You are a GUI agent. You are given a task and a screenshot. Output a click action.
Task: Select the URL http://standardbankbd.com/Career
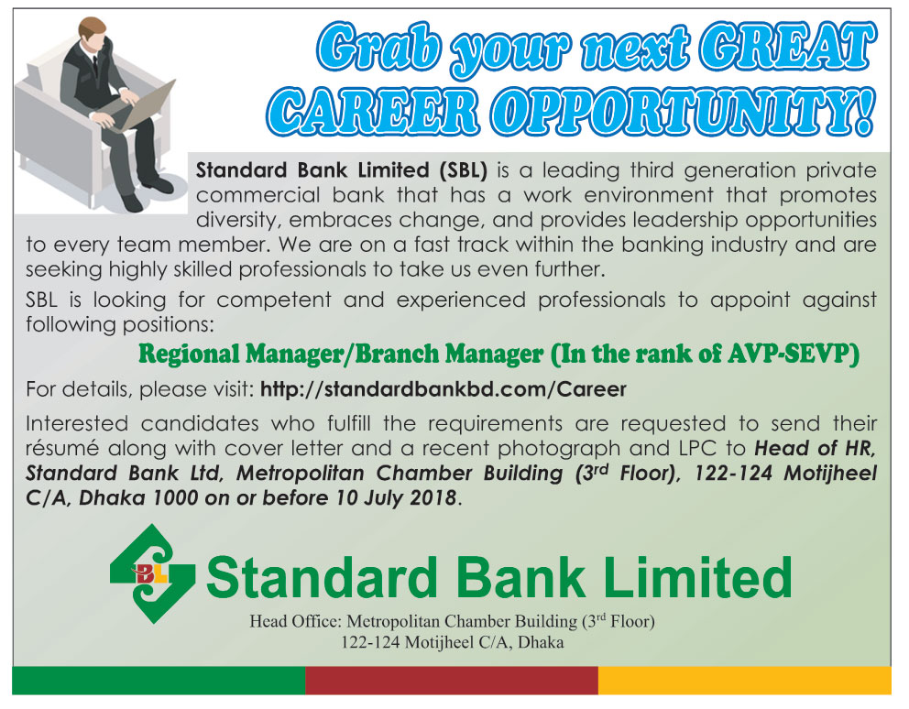pos(444,389)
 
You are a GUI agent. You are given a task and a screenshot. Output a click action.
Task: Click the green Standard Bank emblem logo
pos(152,573)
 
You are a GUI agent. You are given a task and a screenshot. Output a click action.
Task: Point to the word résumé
pos(58,450)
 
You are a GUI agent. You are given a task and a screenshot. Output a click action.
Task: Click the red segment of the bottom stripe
pos(452,680)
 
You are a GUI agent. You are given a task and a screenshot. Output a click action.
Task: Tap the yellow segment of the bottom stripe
pos(744,680)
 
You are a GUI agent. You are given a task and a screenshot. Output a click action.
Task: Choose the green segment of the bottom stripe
pos(159,680)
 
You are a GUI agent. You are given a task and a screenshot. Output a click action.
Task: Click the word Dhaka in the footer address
pos(541,643)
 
